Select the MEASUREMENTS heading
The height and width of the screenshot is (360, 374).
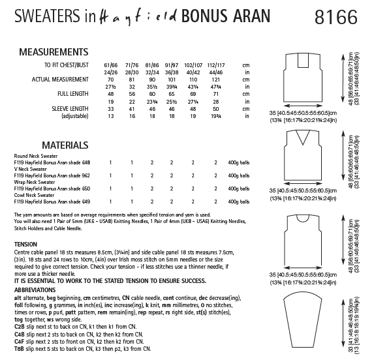pyautogui.click(x=54, y=51)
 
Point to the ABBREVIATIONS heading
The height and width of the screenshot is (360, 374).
pyautogui.click(x=37, y=274)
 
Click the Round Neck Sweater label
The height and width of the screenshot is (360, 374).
pyautogui.click(x=35, y=156)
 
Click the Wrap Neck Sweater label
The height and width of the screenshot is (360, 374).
pyautogui.click(x=35, y=182)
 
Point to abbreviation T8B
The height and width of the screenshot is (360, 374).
pyautogui.click(x=20, y=349)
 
